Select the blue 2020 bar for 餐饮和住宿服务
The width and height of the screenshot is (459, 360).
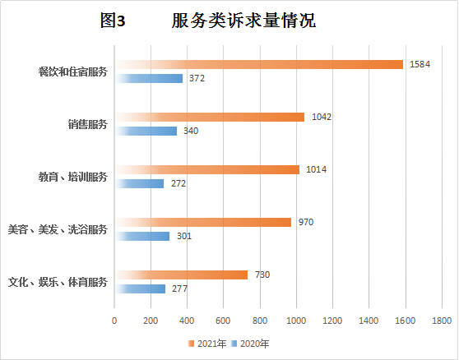point(149,78)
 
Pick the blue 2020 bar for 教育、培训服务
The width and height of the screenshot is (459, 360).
point(140,183)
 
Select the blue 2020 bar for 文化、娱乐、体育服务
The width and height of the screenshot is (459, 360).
point(140,288)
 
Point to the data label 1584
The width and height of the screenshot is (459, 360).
point(420,64)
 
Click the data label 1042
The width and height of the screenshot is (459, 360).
point(322,117)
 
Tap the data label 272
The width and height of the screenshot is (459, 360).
point(178,183)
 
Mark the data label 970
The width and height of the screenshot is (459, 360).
point(306,222)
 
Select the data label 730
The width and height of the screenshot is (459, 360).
point(262,275)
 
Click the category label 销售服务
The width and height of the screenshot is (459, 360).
point(87,125)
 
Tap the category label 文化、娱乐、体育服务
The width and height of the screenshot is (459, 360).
point(58,282)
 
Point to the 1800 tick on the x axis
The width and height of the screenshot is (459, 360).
point(441,319)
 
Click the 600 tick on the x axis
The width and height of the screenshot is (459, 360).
point(223,319)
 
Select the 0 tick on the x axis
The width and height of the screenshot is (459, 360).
point(114,319)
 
